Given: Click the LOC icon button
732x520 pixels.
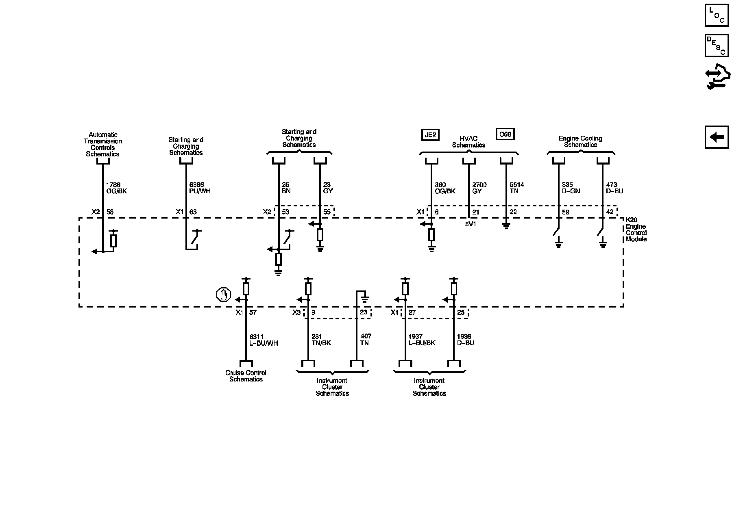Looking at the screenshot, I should (717, 15).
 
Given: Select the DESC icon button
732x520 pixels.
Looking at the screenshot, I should (717, 45).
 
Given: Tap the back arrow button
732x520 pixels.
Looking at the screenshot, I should (717, 137).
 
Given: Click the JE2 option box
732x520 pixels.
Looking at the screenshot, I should (430, 134).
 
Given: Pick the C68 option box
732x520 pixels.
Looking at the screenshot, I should (505, 134).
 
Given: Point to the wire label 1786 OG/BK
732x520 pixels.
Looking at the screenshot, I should (116, 188).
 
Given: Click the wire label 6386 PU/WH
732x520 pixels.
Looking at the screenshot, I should (200, 188).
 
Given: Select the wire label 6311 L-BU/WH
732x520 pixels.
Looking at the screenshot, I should (263, 340).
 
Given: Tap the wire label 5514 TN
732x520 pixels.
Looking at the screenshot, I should (516, 188).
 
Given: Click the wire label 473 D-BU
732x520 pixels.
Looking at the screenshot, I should (614, 188).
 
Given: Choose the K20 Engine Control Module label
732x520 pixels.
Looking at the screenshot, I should (636, 230).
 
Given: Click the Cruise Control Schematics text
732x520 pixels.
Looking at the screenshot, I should (246, 376).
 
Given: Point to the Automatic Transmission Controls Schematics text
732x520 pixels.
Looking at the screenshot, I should (103, 144).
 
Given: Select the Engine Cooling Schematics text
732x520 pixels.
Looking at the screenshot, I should (580, 141).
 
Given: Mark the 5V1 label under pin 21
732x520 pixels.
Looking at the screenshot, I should (471, 223).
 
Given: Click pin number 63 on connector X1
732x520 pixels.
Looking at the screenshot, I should (193, 212).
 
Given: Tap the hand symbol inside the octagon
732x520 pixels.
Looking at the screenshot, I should (223, 295).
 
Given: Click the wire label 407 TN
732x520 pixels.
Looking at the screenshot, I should (366, 340).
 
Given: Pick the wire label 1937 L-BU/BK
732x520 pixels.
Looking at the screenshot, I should (422, 340).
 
